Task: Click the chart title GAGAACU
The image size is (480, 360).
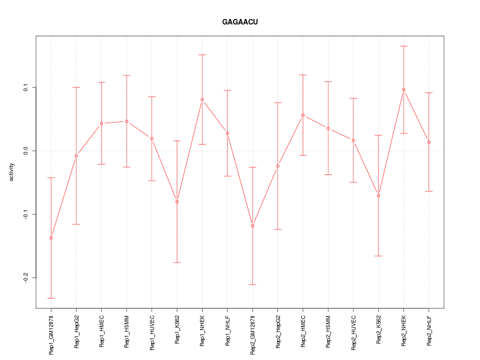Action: [x=240, y=22]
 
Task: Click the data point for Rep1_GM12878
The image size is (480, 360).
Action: [x=51, y=238]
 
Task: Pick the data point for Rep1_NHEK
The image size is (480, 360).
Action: [x=202, y=99]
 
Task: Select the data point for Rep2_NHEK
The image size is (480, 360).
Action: [x=403, y=89]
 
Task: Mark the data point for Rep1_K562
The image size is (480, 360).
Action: [x=177, y=201]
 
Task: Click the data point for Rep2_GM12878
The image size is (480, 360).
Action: [x=252, y=226]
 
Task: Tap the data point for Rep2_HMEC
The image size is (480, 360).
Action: [x=303, y=115]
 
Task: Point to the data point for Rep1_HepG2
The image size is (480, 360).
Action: [x=76, y=156]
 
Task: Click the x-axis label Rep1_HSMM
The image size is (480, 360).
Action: [x=126, y=331]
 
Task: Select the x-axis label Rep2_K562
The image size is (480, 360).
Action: [x=378, y=330]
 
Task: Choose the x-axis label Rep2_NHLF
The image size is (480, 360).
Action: [x=429, y=330]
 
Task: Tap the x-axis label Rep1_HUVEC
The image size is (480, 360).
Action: [x=152, y=331]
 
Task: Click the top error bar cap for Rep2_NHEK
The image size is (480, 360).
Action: [x=403, y=46]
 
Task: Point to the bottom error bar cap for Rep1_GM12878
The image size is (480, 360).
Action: [x=51, y=298]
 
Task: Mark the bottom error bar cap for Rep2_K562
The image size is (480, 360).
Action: [x=378, y=256]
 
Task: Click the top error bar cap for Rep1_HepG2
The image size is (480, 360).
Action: [x=76, y=87]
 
